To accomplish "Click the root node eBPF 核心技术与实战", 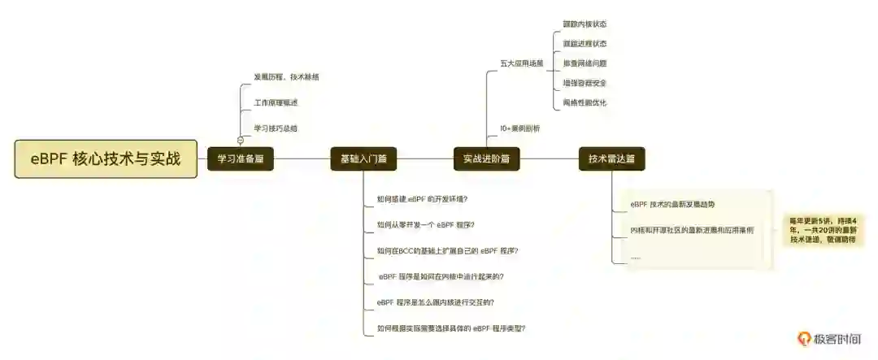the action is coord(106,158).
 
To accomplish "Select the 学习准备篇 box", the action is coord(241,159).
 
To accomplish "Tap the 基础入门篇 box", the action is coord(363,159).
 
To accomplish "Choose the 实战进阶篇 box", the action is coord(486,159).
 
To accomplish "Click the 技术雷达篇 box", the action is coord(611,159).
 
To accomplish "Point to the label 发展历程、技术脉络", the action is coord(286,77).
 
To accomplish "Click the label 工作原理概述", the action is coord(276,103).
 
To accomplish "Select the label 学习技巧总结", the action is coord(276,128).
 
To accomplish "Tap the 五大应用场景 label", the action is coord(522,63).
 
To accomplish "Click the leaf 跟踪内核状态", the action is coord(585,24).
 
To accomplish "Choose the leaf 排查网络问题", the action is coord(585,63).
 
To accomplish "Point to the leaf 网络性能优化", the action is coord(585,102).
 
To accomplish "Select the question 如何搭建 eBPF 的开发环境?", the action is coord(422,199).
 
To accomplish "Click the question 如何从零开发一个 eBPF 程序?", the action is coord(426,224).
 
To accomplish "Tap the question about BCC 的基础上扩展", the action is coord(448,250).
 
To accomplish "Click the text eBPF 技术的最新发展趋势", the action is coord(673,204).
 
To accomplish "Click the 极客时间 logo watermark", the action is coord(828,339).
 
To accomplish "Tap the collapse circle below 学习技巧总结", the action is coord(241,141).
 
